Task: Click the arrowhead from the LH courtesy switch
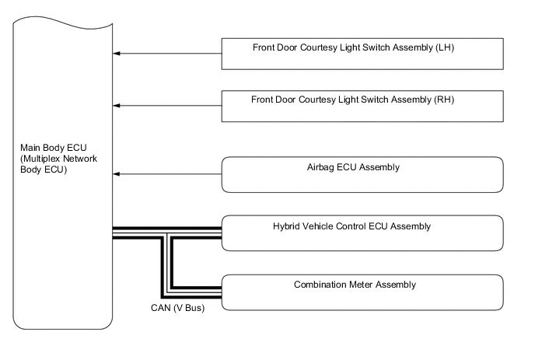pyautogui.click(x=117, y=54)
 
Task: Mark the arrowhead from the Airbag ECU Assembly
pyautogui.click(x=117, y=174)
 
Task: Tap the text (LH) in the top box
pyautogui.click(x=445, y=47)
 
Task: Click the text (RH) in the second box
pyautogui.click(x=445, y=99)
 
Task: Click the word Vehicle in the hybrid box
pyautogui.click(x=320, y=226)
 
